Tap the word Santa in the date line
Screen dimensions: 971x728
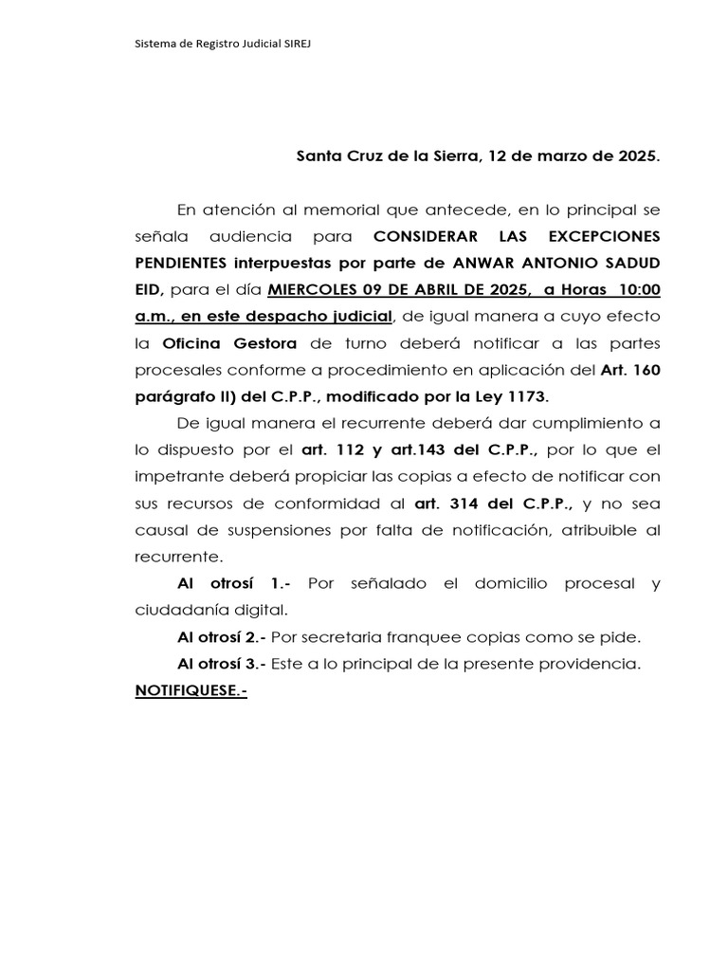[319, 156]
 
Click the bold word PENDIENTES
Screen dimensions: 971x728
[185, 262]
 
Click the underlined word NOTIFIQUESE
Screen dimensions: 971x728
[189, 691]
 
